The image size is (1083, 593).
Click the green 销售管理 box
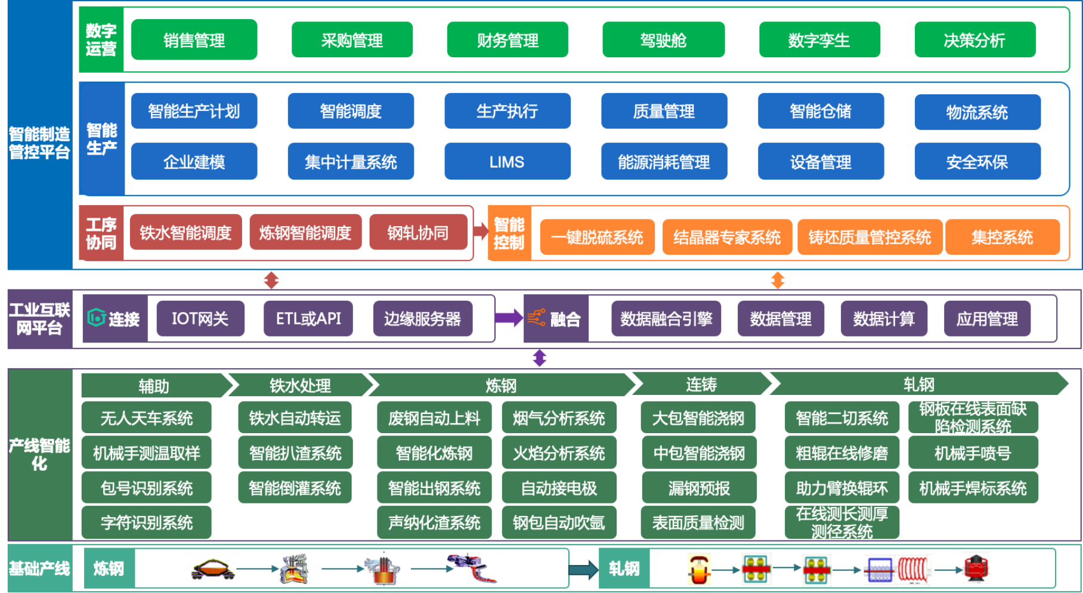coord(194,40)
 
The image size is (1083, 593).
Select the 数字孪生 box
coord(819,40)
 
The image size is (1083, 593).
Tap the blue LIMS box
coord(507,162)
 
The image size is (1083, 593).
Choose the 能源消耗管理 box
coord(664,162)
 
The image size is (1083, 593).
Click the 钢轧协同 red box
coord(418,233)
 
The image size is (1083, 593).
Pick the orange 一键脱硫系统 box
coord(597,237)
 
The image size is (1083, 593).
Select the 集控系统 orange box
coord(1002,237)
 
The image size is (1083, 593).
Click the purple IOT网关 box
coord(200,319)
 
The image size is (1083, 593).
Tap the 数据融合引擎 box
coord(666,319)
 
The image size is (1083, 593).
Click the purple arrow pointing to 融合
coord(509,318)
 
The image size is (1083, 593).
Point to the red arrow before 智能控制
coord(481,230)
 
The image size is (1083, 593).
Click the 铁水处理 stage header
coord(300,385)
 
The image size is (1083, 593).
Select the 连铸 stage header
coord(701,385)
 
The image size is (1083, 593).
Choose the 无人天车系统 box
coord(147,418)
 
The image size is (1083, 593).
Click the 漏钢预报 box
coord(699,488)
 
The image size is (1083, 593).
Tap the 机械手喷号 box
coord(973,453)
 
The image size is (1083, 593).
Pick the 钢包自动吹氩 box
coord(559,523)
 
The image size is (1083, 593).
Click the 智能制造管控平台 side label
coord(39,143)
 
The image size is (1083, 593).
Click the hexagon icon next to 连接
coord(96,318)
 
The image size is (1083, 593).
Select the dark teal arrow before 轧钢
coord(583,569)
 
